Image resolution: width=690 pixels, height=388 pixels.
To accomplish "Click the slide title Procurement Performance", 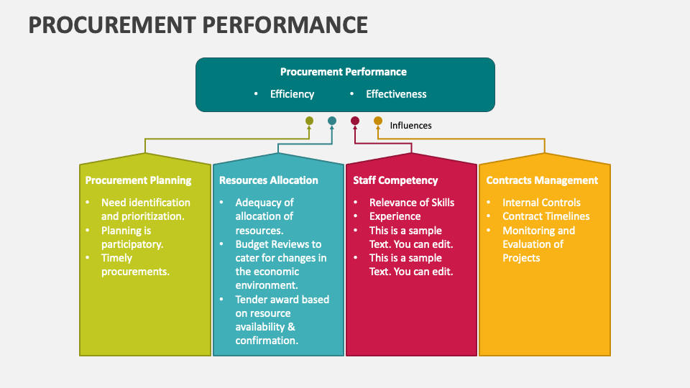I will pos(198,24).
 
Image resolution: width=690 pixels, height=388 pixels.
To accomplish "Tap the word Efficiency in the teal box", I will pos(292,94).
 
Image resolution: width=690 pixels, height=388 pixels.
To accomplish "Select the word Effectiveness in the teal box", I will pos(396,94).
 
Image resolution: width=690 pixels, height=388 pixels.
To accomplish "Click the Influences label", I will pos(410,125).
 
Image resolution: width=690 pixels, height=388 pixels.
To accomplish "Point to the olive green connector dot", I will pos(309,121).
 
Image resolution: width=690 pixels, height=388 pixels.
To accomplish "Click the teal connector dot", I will pos(332,121).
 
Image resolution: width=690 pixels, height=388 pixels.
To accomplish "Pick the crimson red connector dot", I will pos(355,121).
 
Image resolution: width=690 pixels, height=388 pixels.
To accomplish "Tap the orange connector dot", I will pos(378,121).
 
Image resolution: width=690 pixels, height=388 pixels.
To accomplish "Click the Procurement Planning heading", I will pos(138,180).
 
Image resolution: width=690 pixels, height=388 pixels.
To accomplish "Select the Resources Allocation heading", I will pos(268,180).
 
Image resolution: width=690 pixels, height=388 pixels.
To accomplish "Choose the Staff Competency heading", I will pos(395,180).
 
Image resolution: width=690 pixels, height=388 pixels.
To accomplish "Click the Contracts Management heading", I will pos(542,180).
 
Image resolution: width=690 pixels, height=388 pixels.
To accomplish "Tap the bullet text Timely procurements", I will pos(135,264).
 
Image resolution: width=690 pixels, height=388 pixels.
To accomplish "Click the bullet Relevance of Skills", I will pos(412,203).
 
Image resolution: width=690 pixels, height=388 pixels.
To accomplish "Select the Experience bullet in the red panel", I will pos(395,216).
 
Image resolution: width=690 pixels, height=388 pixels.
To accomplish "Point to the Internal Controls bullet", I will pos(541,203).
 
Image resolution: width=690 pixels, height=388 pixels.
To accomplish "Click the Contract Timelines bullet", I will pos(546,216).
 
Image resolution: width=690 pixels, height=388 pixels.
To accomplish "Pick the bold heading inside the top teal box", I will pos(344,72).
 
